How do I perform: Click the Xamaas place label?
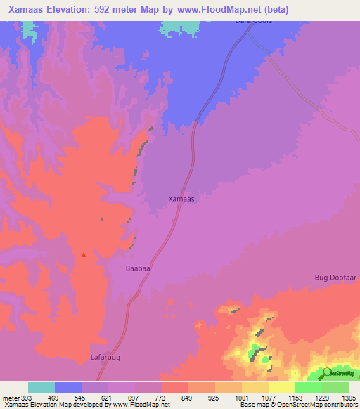[181, 199]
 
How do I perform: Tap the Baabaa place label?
[139, 268]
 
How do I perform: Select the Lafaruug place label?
[106, 358]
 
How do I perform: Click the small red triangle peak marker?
[84, 254]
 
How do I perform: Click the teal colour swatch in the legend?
[41, 387]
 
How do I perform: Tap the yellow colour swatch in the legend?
[282, 387]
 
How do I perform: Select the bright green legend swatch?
[309, 387]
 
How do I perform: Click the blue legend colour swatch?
[68, 387]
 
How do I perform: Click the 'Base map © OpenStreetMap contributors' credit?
[297, 405]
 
